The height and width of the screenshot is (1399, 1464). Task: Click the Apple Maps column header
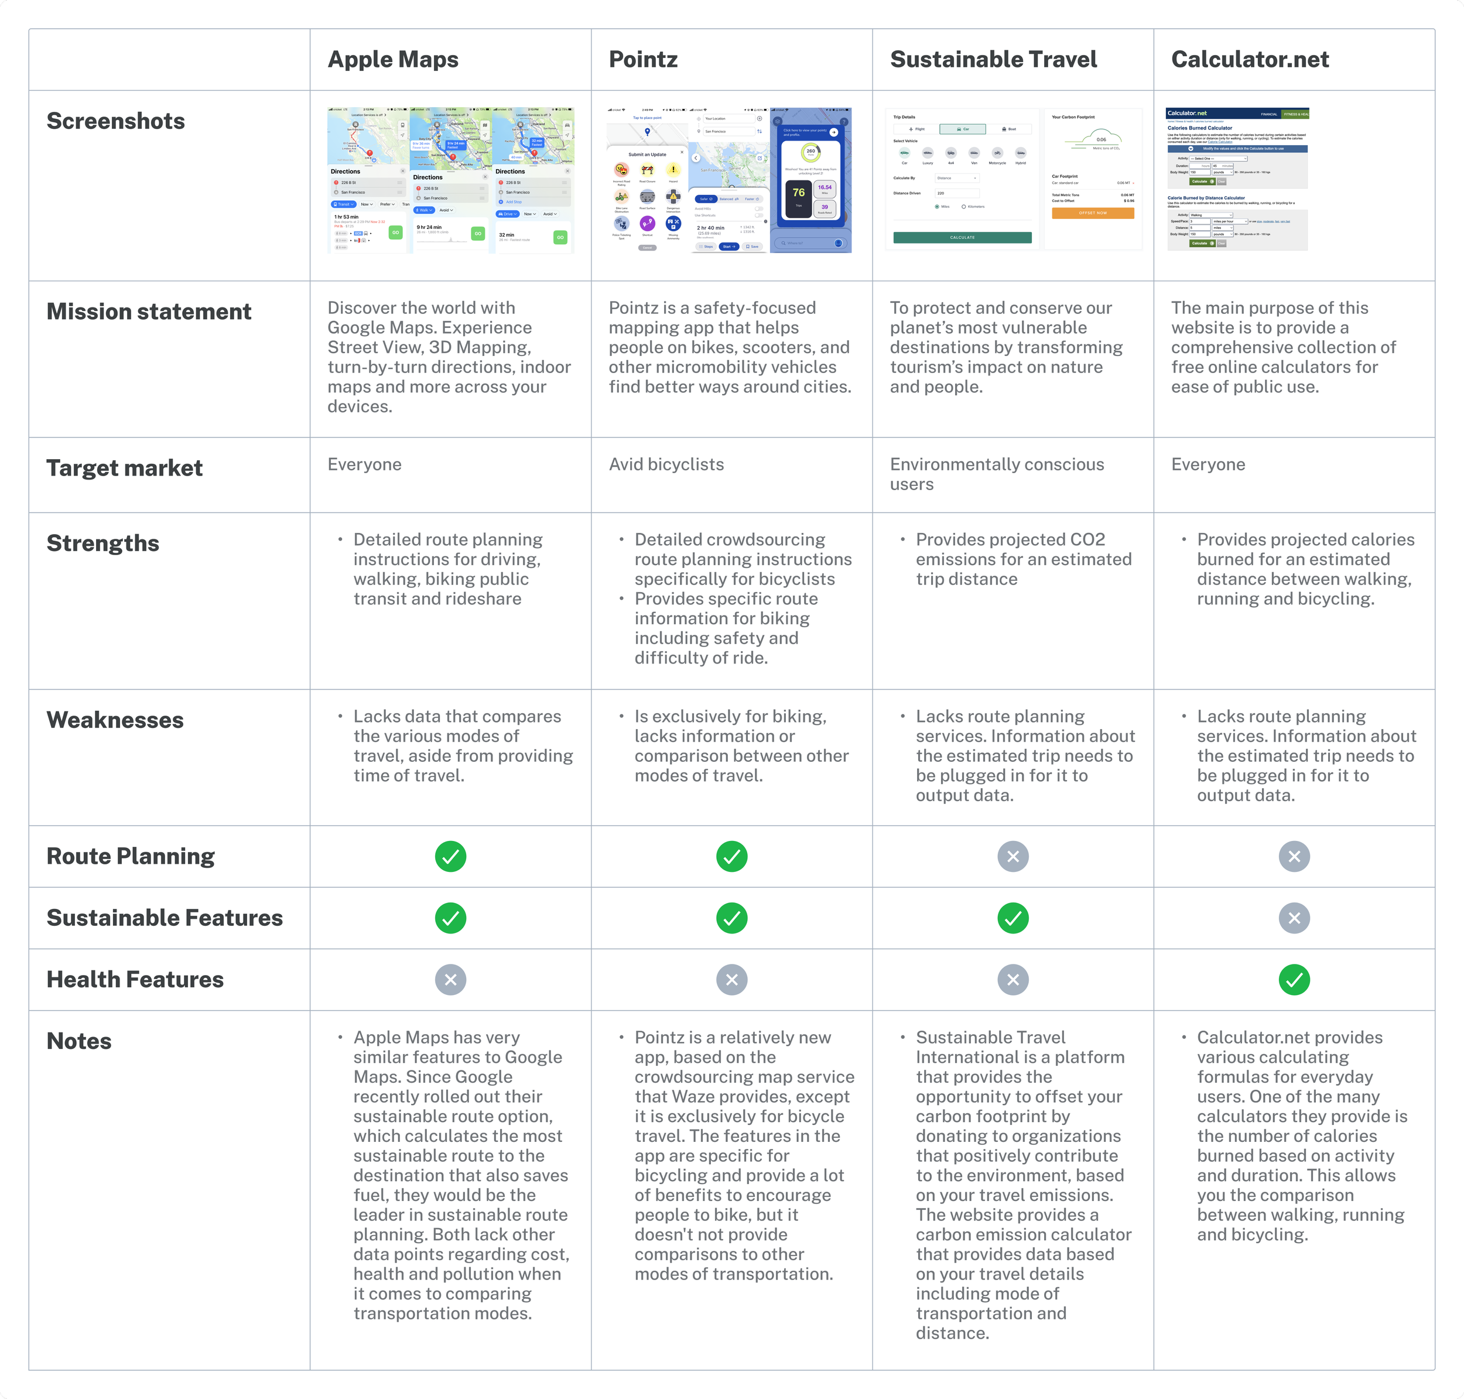(x=393, y=60)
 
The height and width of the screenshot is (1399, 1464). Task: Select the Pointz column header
(x=643, y=60)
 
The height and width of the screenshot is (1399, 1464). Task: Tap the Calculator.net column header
(x=1250, y=60)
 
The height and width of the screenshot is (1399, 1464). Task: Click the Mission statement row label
(x=148, y=312)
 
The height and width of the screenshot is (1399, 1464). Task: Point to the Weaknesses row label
(x=115, y=720)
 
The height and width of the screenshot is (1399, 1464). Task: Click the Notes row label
(x=79, y=1041)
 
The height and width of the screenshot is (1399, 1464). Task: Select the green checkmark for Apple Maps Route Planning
(x=450, y=856)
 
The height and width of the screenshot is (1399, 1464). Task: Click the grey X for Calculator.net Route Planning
(x=1294, y=856)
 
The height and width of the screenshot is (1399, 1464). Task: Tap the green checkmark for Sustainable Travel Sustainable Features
(x=1013, y=918)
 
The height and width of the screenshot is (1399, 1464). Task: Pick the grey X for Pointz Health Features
(x=731, y=980)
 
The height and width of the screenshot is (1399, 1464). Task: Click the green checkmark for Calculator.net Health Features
(x=1294, y=980)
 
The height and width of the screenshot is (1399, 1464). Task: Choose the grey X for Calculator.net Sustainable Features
(x=1294, y=918)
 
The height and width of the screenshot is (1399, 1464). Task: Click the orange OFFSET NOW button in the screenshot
(x=1093, y=213)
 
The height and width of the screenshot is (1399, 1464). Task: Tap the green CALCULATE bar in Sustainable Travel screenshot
(x=962, y=238)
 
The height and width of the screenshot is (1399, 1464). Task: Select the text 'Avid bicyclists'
(x=666, y=464)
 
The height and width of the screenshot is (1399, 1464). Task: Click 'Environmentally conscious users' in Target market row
(x=996, y=474)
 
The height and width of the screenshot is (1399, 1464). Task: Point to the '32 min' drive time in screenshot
(x=507, y=235)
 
